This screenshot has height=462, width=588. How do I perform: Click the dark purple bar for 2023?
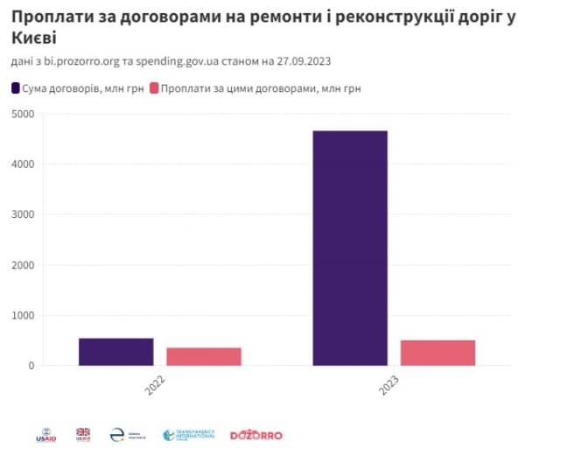[x=349, y=248]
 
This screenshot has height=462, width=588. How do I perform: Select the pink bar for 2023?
[x=437, y=353]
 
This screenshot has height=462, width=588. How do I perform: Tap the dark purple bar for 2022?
[x=115, y=352]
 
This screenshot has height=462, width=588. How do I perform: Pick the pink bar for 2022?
[x=203, y=356]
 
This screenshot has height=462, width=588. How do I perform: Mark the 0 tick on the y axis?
[x=30, y=366]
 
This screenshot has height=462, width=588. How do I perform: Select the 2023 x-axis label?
[x=389, y=388]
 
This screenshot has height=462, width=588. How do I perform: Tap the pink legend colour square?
[x=155, y=88]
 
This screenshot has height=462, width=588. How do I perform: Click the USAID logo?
[x=45, y=434]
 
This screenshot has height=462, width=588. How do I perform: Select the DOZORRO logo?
[x=256, y=435]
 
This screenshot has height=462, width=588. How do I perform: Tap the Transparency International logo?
[x=188, y=435]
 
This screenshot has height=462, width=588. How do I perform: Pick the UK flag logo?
[x=83, y=433]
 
